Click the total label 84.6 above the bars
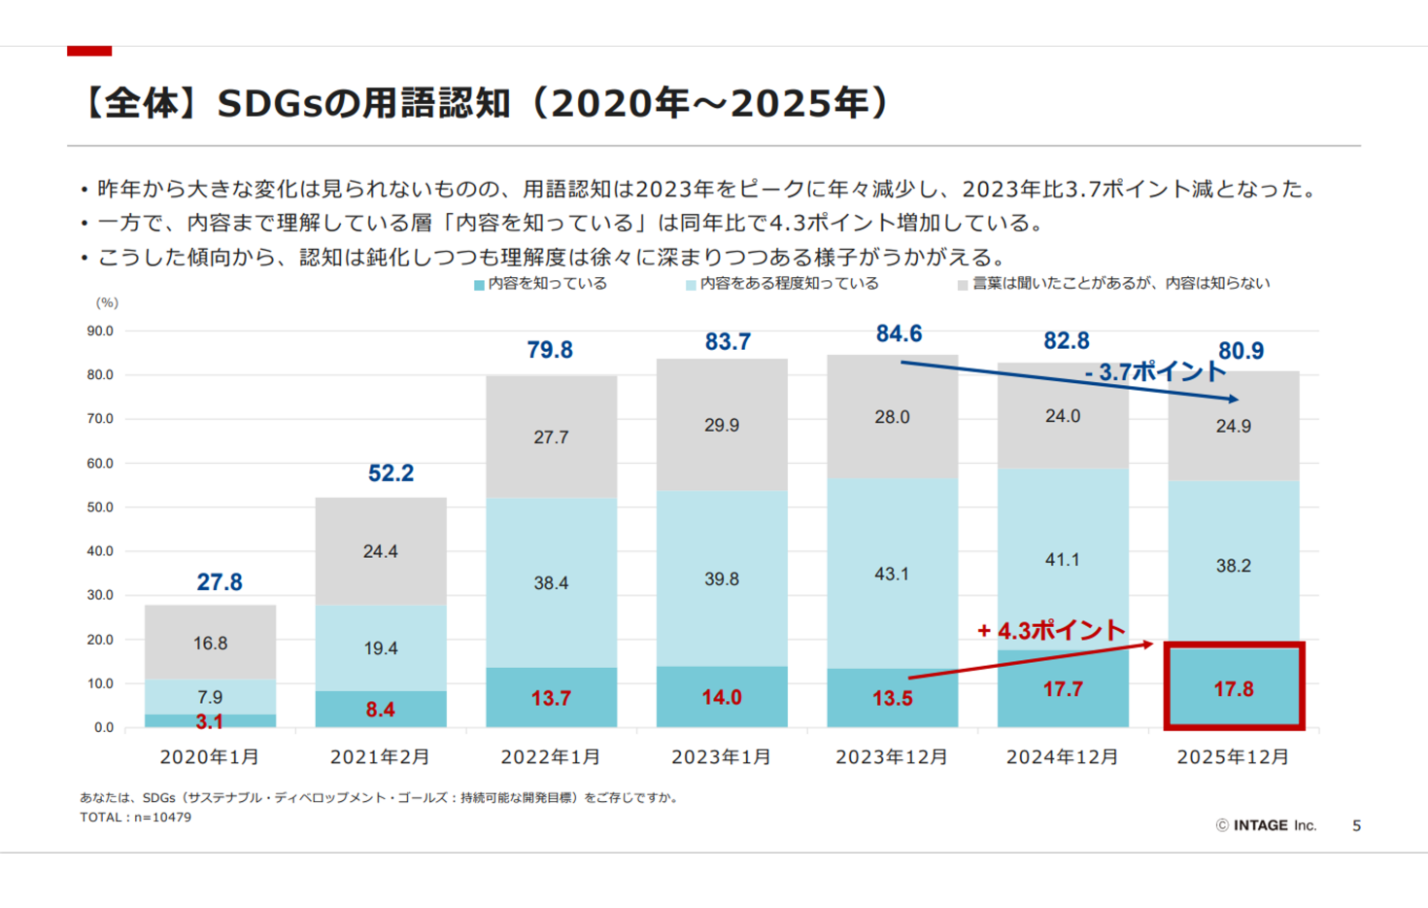click(899, 333)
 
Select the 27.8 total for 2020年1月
click(220, 582)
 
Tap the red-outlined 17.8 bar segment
click(1234, 688)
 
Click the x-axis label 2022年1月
click(551, 756)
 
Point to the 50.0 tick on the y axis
click(100, 507)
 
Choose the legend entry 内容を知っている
click(541, 284)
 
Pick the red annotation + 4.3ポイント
click(1050, 631)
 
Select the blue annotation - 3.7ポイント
click(1155, 371)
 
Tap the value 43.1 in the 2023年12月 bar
click(892, 574)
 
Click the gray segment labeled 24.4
click(381, 551)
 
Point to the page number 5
click(1357, 825)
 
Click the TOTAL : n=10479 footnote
click(136, 818)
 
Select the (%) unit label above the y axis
click(107, 303)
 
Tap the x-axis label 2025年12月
click(1233, 756)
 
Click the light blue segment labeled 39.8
click(722, 578)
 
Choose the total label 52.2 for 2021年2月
click(391, 473)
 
